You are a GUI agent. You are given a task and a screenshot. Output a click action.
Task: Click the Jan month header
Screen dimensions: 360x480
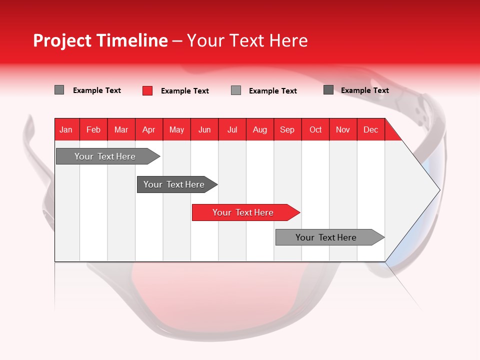[x=66, y=129]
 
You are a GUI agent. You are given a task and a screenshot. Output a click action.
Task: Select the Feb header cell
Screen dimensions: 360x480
[x=93, y=129]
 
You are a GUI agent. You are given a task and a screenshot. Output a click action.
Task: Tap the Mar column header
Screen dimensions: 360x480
[x=121, y=129]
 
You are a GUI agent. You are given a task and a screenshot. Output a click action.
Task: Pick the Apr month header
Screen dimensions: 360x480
[x=149, y=129]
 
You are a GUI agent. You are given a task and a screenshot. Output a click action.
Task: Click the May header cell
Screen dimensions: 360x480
[x=176, y=129]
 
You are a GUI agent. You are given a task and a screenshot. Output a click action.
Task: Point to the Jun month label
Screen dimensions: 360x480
[x=204, y=129]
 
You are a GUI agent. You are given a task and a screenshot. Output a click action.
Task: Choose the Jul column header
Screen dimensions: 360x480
[x=232, y=129]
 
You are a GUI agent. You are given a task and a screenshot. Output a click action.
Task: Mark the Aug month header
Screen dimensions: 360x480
[x=260, y=129]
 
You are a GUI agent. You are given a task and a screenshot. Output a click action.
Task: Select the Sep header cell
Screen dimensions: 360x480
[x=287, y=129]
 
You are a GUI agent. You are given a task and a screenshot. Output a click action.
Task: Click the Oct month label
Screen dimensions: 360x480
[x=315, y=129]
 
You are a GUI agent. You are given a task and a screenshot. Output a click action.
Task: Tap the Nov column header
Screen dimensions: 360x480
[x=343, y=129]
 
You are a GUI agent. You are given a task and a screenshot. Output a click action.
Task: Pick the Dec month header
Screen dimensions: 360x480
[x=371, y=129]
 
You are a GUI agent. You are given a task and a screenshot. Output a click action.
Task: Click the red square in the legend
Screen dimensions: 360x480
[x=147, y=90]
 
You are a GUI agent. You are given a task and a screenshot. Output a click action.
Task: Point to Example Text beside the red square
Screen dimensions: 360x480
[x=185, y=91]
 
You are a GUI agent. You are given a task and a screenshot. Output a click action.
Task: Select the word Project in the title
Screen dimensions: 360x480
[x=62, y=40]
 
